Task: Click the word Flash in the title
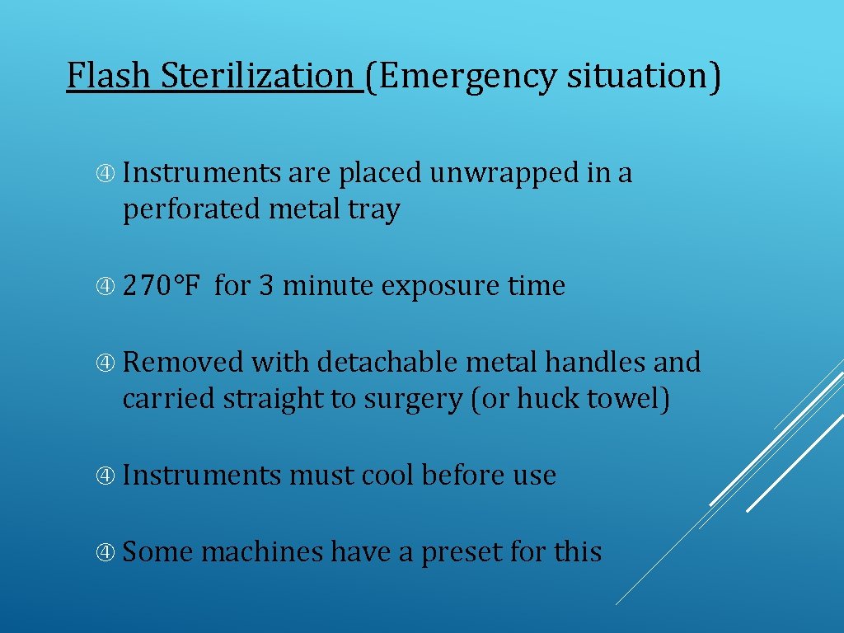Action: coord(109,77)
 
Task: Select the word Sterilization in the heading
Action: coord(256,77)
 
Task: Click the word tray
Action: coord(373,211)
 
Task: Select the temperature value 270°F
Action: coord(162,286)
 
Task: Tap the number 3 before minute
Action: coord(266,286)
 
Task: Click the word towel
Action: coord(627,399)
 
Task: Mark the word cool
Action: coord(388,476)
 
